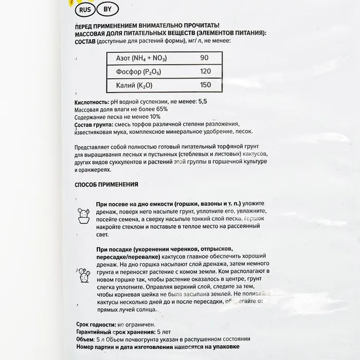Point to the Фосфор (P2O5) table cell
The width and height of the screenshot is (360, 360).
coord(135,71)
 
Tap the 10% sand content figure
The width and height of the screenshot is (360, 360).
coord(154,117)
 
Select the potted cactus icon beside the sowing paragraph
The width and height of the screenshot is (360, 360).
coord(83,215)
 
